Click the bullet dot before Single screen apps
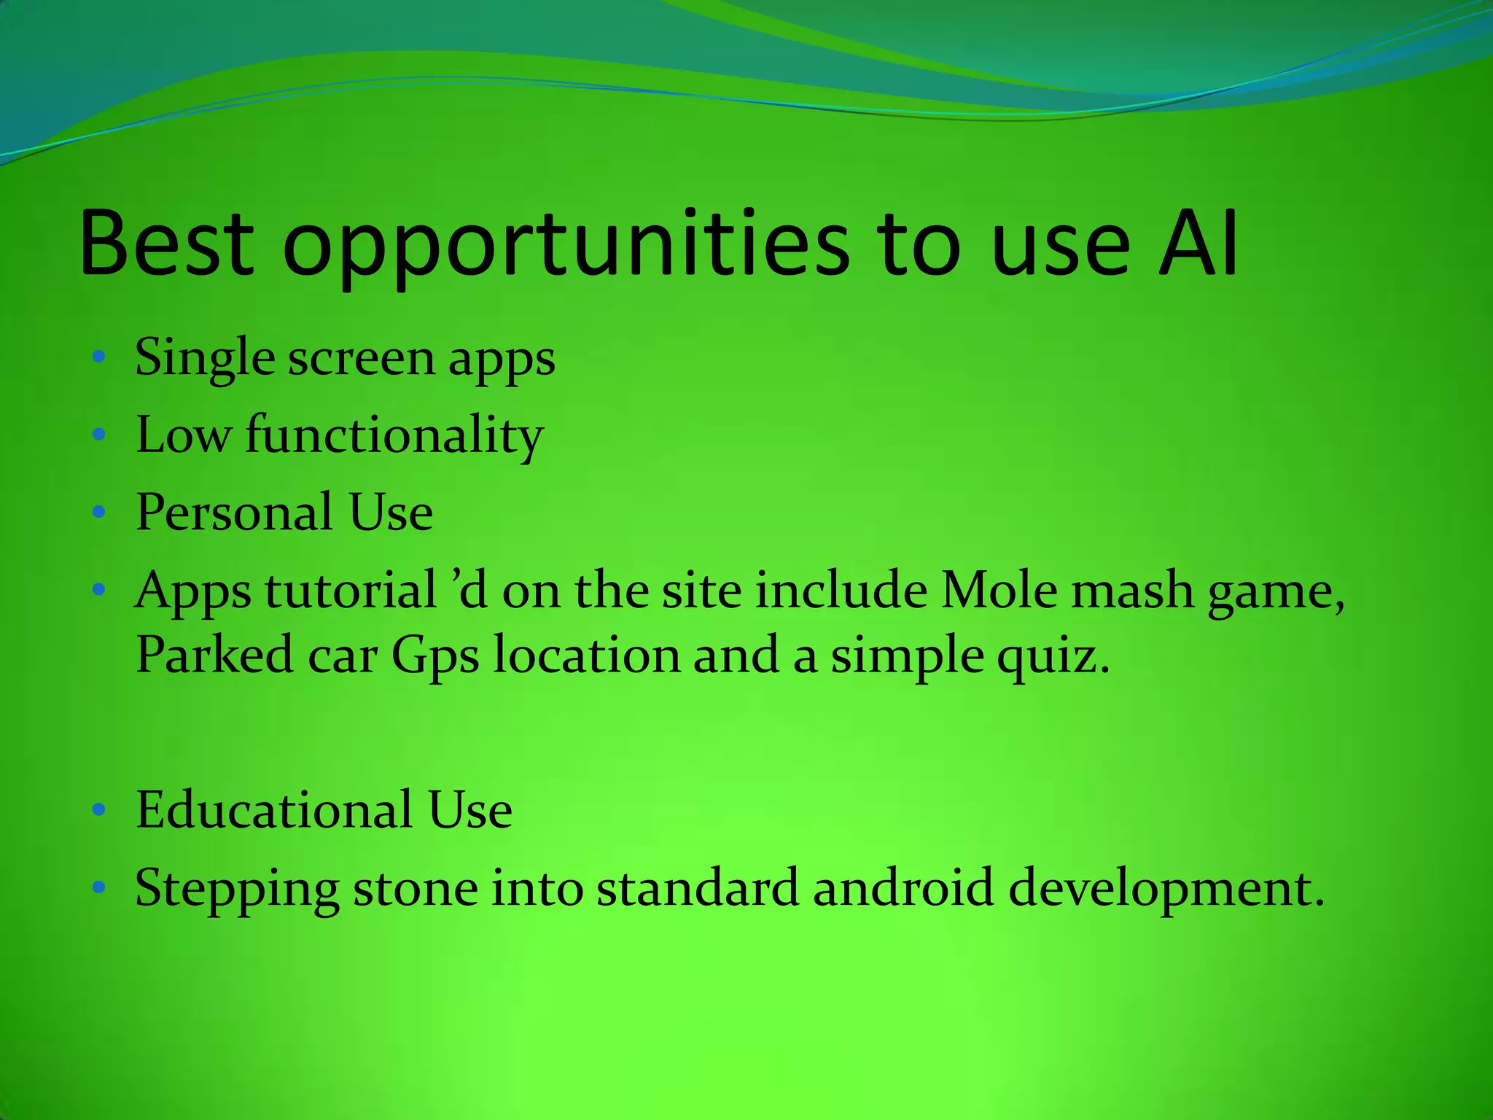point(100,357)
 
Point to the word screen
point(361,359)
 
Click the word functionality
point(394,436)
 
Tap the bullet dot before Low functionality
point(100,435)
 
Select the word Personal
point(234,512)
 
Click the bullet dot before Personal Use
point(100,512)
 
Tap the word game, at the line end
point(1276,592)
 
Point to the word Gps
point(435,656)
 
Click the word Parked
point(214,654)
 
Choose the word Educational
point(274,810)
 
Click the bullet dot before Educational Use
point(100,809)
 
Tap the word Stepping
point(237,890)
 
